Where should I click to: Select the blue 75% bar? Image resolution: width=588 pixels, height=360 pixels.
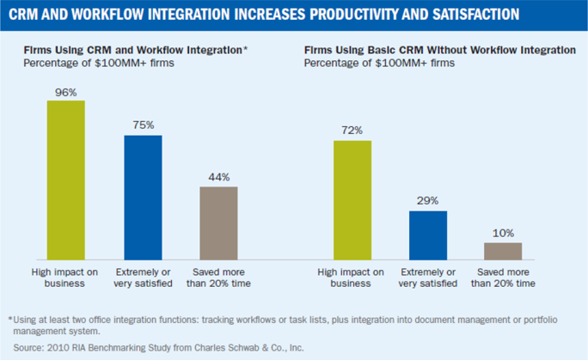click(x=143, y=197)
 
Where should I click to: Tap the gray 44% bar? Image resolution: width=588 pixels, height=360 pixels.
click(x=218, y=223)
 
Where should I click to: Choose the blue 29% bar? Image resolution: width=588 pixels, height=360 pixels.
click(x=427, y=235)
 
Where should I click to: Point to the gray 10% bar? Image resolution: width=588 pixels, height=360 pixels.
click(x=503, y=250)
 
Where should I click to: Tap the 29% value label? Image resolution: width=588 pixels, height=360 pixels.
click(x=427, y=200)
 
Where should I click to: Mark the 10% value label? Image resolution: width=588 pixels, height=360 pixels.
click(x=503, y=232)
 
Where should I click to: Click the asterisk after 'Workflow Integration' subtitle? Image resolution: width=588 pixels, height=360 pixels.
click(x=245, y=50)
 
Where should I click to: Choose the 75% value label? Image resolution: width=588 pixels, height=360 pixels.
click(x=143, y=125)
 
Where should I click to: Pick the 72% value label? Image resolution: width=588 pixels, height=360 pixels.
click(x=352, y=130)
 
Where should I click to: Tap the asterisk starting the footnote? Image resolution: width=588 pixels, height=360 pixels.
click(x=10, y=318)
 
